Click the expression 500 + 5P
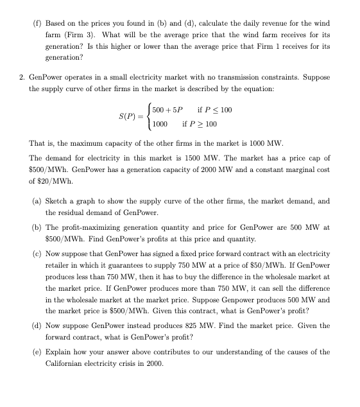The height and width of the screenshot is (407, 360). tap(168, 110)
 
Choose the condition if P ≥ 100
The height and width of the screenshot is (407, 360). tap(200, 124)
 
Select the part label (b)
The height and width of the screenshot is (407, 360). tap(38, 227)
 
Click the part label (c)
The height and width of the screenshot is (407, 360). tap(38, 254)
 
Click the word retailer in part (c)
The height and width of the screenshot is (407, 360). tap(58, 265)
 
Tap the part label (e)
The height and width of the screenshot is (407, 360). tap(38, 352)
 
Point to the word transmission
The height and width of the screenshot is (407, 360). tap(244, 78)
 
